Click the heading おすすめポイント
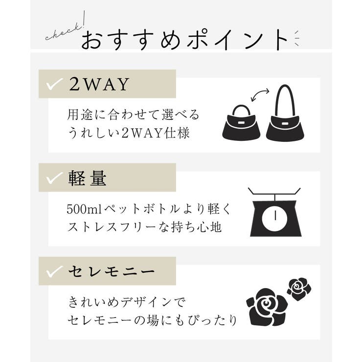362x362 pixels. tap(184, 40)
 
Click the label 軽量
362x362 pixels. tap(88, 179)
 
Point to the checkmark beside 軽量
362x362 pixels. tap(53, 179)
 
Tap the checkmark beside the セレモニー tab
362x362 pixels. tap(53, 272)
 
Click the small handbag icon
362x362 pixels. tap(240, 124)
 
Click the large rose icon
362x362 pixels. tap(267, 307)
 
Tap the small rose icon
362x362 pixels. tap(298, 288)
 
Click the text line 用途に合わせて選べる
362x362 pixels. tap(133, 115)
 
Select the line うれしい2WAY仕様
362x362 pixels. tap(128, 133)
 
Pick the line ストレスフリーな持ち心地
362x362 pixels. tap(144, 226)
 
